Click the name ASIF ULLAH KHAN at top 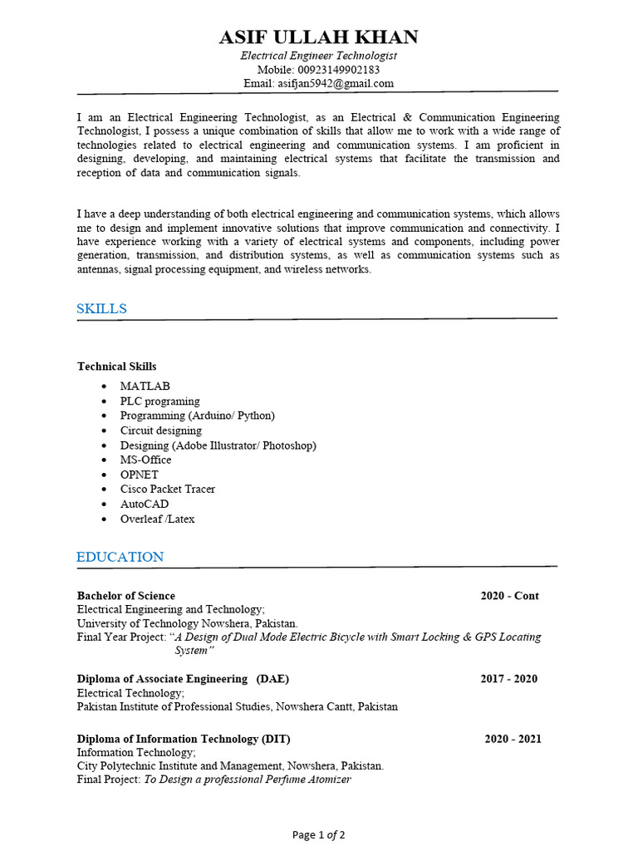319,37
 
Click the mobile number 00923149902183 343,70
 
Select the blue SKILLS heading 101,308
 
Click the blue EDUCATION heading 120,557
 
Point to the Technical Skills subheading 116,366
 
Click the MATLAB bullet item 145,386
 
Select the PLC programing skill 159,401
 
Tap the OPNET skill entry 139,475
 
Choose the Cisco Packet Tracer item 167,489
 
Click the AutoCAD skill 144,504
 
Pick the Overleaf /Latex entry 157,519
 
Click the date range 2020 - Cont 509,596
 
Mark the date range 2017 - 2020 508,679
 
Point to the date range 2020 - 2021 513,739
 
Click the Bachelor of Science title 126,596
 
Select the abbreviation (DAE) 272,679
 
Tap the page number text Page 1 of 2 319,834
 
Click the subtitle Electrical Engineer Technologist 319,56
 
